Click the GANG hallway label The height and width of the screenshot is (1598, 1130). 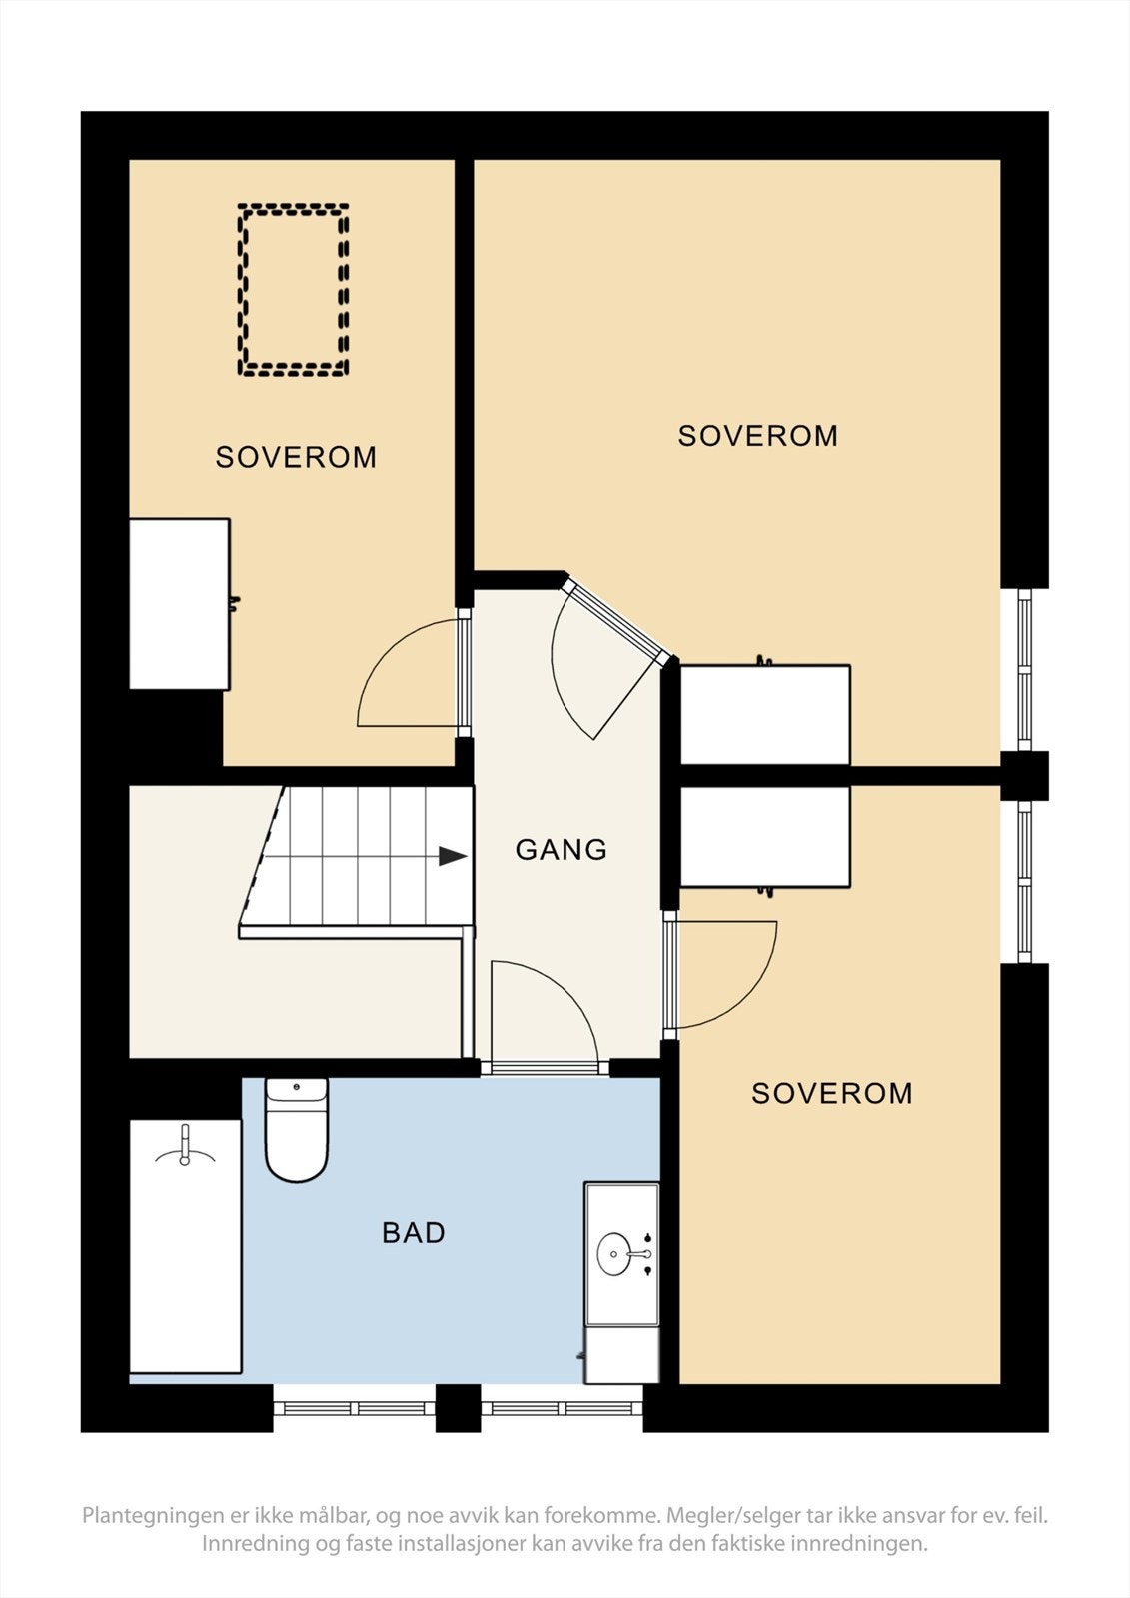coord(562,850)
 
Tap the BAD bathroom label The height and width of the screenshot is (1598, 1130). coord(414,1232)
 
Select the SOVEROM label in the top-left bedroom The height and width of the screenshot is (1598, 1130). coord(296,457)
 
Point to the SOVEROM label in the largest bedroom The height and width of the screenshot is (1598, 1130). coord(758,435)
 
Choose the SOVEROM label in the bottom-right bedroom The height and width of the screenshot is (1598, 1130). coord(831,1093)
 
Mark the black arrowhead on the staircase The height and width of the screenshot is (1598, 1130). coord(453,856)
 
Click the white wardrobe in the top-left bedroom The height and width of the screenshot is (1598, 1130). coord(179,604)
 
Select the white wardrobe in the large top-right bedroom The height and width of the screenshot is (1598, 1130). coord(765,715)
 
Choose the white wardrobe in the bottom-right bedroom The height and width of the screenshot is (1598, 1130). coord(765,836)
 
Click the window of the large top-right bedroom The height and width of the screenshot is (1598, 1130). coord(1024,669)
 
